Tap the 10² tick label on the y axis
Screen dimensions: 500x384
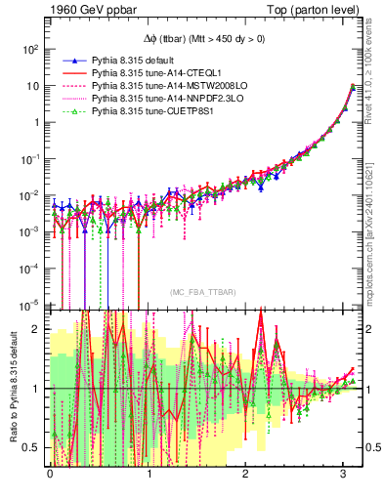point(32,49)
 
